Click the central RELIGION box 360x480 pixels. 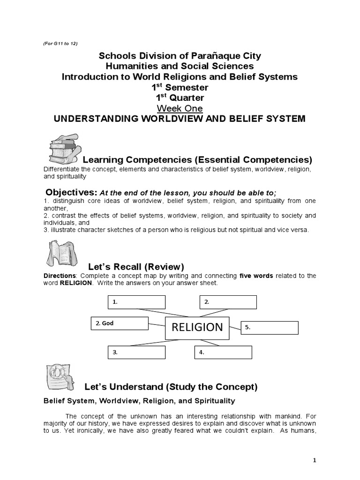point(197,327)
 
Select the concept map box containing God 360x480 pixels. point(119,323)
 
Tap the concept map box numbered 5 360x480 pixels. point(270,328)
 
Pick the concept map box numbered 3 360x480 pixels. point(136,352)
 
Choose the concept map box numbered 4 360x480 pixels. point(223,352)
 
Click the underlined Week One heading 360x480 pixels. point(180,108)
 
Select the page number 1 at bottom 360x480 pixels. point(315,460)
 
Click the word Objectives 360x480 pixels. point(71,193)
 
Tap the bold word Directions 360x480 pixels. point(60,276)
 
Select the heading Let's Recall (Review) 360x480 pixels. point(136,267)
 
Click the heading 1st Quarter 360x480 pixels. point(180,97)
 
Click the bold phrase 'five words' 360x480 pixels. point(256,276)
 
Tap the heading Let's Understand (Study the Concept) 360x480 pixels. point(171,387)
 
